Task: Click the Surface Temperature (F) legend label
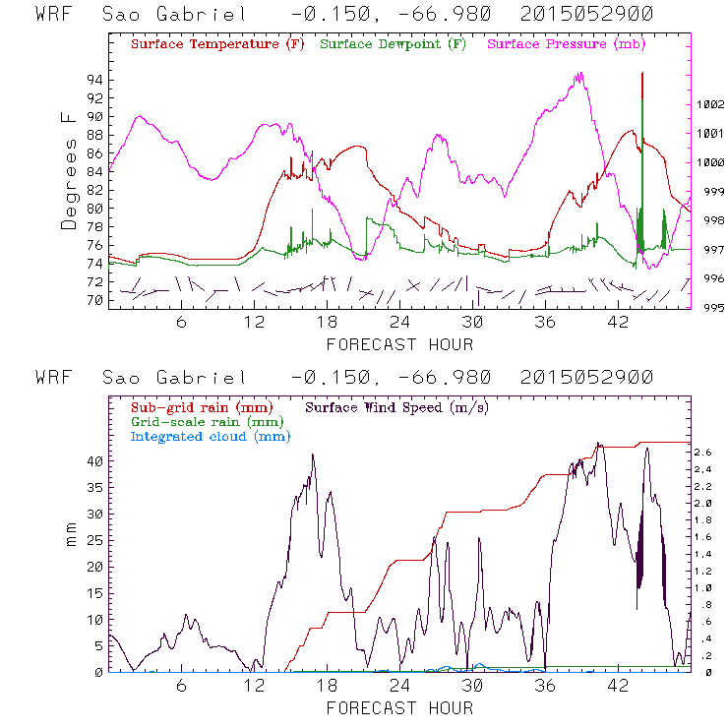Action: (x=217, y=44)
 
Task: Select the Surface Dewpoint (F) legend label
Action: (x=394, y=44)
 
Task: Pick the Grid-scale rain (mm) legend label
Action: (x=207, y=421)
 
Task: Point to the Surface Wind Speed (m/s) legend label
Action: (x=397, y=406)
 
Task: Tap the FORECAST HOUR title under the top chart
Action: (x=399, y=344)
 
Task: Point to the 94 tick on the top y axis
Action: (x=96, y=80)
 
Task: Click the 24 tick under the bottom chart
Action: (x=399, y=685)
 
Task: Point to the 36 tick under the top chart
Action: (x=546, y=322)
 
